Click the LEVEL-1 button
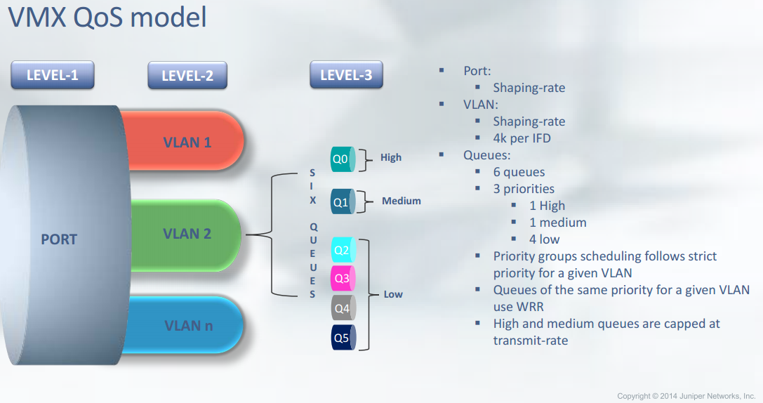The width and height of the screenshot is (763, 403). (x=53, y=75)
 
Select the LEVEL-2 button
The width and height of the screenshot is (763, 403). (x=187, y=75)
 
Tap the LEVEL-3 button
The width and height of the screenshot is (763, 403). (x=346, y=74)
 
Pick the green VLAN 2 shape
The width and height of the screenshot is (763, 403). (x=187, y=234)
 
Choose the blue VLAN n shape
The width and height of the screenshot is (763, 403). (x=187, y=324)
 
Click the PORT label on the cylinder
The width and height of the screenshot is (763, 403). (x=59, y=239)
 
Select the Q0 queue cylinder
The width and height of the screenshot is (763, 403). (x=343, y=159)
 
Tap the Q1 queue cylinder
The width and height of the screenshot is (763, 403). (x=343, y=202)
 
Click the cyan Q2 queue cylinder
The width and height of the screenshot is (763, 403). (x=343, y=250)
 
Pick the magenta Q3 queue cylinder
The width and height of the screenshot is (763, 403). (x=343, y=279)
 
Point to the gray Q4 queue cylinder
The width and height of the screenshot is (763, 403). (x=343, y=308)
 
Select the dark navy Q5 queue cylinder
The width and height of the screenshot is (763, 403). (x=343, y=337)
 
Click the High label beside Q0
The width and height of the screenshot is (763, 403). (x=391, y=157)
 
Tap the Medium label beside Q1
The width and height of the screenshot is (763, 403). (x=402, y=201)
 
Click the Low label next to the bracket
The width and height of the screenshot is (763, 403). (x=393, y=294)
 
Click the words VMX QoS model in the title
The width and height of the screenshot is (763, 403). (x=107, y=17)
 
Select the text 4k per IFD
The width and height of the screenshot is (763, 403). (x=522, y=138)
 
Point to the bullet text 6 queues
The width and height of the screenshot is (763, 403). (x=519, y=172)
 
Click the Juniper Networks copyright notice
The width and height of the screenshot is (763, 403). (x=686, y=396)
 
